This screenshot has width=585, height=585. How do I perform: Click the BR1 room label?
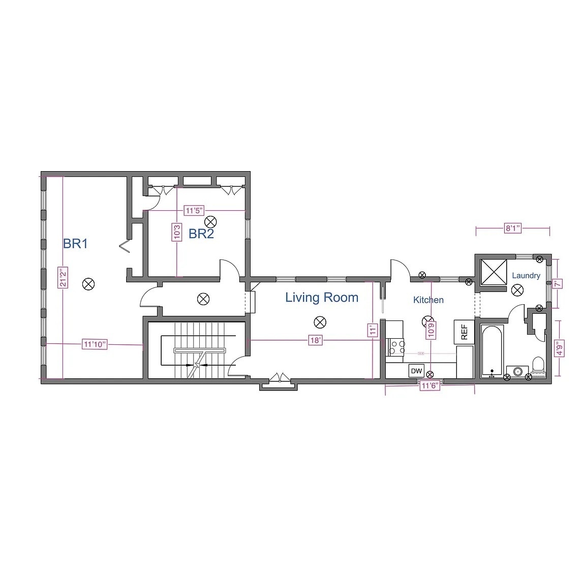click(x=75, y=244)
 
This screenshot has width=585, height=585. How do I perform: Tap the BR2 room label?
click(x=201, y=234)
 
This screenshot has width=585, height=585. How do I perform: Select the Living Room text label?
click(x=321, y=298)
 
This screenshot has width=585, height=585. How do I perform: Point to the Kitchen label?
click(x=428, y=300)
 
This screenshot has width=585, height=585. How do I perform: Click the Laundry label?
click(x=526, y=276)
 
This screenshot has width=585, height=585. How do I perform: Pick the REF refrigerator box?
click(x=464, y=332)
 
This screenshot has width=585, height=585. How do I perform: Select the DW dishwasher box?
click(x=416, y=371)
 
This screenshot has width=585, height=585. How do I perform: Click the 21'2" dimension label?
click(x=63, y=277)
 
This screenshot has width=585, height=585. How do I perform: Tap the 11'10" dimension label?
click(x=95, y=345)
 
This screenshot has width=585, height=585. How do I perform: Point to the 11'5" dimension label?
click(x=194, y=210)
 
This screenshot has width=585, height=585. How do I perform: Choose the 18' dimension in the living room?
click(x=315, y=340)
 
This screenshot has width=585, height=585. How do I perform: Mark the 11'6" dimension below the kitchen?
click(x=430, y=386)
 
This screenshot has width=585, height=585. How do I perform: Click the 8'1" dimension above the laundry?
click(x=512, y=229)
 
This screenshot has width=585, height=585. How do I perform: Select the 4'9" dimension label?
click(x=559, y=348)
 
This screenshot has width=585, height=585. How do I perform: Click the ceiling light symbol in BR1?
click(x=88, y=284)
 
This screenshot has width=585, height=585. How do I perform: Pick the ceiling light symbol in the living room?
click(x=320, y=321)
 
